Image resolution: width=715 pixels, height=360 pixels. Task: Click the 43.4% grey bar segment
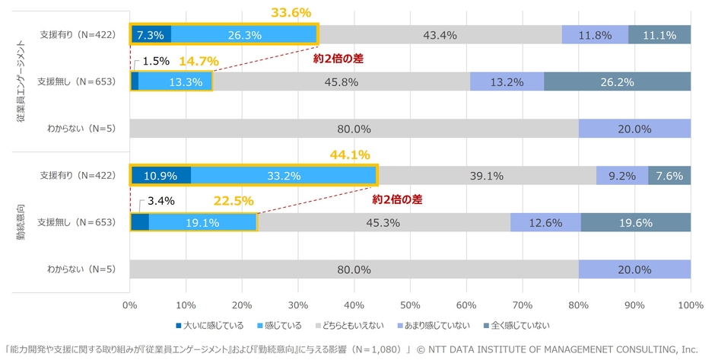[x=440, y=34]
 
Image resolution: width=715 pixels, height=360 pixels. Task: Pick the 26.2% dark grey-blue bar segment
[x=617, y=81]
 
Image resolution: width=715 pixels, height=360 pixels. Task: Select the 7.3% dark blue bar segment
[x=151, y=34]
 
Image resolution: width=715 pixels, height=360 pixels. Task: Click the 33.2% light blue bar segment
[x=283, y=176]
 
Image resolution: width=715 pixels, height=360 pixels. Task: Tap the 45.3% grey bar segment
[x=383, y=222]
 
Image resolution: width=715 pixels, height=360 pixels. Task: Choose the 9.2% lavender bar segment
[x=622, y=176]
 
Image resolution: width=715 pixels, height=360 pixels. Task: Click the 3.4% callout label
[x=161, y=202]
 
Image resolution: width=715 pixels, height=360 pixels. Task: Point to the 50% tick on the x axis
[x=410, y=306]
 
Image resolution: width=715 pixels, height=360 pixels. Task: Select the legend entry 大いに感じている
[x=213, y=326]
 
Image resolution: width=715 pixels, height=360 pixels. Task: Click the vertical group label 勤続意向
[x=21, y=223]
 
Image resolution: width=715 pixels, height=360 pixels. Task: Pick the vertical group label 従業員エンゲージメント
[x=21, y=80]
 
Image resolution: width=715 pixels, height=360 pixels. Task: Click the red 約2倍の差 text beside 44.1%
[x=396, y=200]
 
